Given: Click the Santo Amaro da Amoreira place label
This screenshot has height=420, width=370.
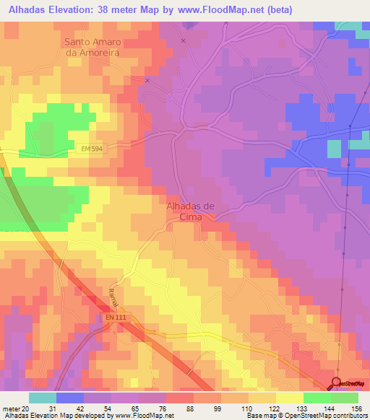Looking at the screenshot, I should point(92,48).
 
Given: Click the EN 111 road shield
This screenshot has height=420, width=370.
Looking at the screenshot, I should point(108,318).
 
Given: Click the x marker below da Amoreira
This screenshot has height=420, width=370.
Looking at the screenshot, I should point(147,80).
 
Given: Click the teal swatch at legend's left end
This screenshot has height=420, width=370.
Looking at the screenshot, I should point(43,398).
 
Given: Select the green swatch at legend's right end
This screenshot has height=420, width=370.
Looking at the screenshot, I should point(345,398).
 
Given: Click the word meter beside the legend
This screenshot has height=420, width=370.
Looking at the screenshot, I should point(12,408).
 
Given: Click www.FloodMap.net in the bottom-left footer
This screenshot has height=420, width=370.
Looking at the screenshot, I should point(137,416).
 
